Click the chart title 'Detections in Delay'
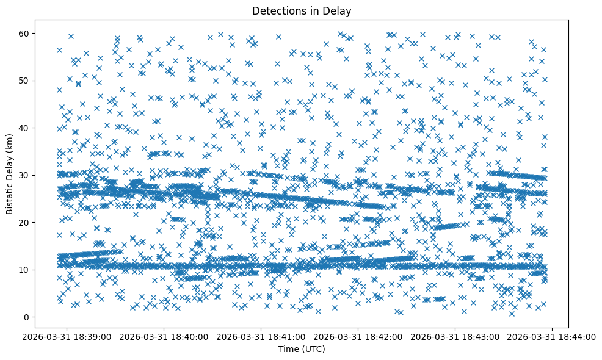[302, 11]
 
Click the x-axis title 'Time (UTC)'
[302, 349]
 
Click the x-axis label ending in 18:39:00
[68, 336]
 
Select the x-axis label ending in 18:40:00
[165, 336]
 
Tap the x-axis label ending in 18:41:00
[262, 336]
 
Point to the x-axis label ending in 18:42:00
[359, 336]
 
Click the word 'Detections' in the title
[277, 11]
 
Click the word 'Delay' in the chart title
[339, 11]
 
